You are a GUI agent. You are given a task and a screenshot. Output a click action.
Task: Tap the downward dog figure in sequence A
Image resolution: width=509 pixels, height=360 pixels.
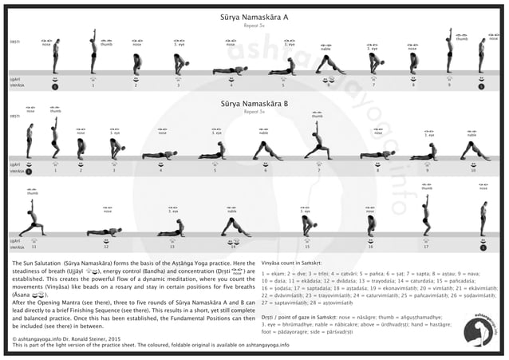[x=329, y=65]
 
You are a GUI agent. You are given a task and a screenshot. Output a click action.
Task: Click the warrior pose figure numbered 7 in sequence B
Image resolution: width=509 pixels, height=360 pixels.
[x=318, y=142]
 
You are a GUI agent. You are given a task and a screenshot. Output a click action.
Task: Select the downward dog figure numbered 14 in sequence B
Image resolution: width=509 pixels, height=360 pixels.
[x=234, y=226]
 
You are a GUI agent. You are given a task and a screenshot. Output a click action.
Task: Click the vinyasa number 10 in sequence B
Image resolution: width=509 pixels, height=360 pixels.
[x=474, y=170]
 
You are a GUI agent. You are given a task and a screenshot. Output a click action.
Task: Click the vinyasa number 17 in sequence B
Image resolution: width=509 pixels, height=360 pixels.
[x=426, y=247]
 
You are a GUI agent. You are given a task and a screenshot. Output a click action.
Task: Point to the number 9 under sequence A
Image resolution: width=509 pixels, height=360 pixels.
[x=448, y=85]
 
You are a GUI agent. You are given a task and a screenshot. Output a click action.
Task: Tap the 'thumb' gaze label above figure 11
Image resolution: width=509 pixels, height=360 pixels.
[x=32, y=192]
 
